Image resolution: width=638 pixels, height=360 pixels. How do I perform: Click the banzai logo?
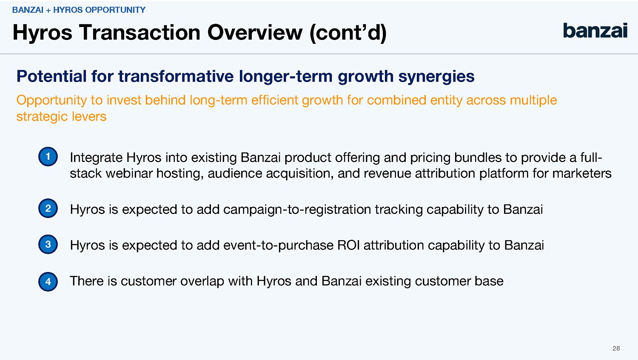pos(595,31)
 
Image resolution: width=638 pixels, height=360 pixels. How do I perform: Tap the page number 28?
pos(616,349)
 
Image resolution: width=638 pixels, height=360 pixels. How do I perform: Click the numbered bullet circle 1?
pos(48,156)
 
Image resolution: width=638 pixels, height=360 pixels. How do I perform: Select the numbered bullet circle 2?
pos(48,208)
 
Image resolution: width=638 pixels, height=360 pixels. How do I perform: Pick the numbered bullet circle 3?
pos(48,244)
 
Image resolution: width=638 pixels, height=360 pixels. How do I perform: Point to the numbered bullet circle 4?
pos(48,282)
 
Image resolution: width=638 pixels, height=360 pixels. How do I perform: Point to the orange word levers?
pos(89,116)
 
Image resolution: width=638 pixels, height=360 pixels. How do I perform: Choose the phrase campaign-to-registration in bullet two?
pos(297,210)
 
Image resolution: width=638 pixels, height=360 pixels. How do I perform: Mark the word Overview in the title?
pos(255,32)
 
